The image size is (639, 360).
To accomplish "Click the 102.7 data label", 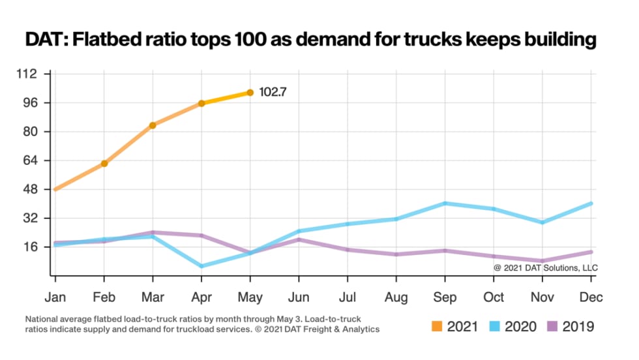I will (273, 93).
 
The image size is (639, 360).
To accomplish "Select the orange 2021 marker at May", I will (250, 93).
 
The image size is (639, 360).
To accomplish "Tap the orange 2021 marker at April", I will (201, 103).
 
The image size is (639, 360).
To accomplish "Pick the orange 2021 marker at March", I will (153, 125).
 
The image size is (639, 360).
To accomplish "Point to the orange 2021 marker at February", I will (104, 163).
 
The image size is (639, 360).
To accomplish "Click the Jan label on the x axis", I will (55, 297).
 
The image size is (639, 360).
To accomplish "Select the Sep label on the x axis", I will (445, 297).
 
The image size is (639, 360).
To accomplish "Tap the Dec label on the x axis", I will (591, 297).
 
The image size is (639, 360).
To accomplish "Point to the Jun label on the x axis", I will (299, 297).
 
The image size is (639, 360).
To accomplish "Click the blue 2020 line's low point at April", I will (201, 266).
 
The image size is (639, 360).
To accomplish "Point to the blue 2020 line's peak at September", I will (445, 203).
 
